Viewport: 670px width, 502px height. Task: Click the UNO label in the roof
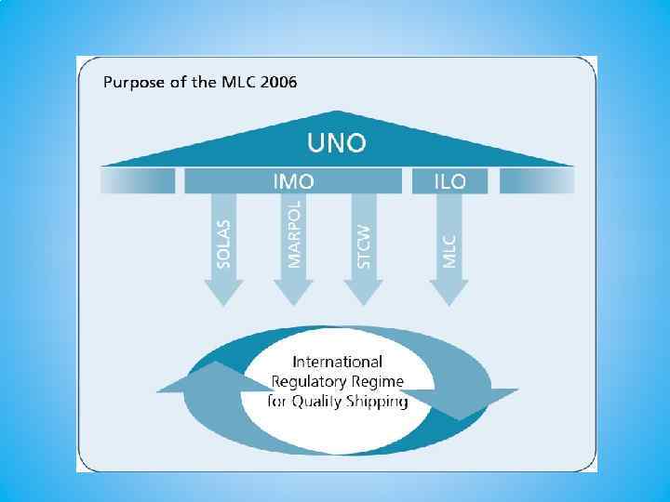(x=337, y=144)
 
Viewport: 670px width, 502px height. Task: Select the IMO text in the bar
(x=293, y=181)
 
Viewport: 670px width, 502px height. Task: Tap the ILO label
(x=450, y=181)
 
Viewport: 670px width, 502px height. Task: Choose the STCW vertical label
(x=364, y=246)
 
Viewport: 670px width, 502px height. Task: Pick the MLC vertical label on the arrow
(x=450, y=249)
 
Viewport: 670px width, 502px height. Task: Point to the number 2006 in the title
(x=279, y=82)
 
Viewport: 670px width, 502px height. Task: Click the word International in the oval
(x=337, y=362)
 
